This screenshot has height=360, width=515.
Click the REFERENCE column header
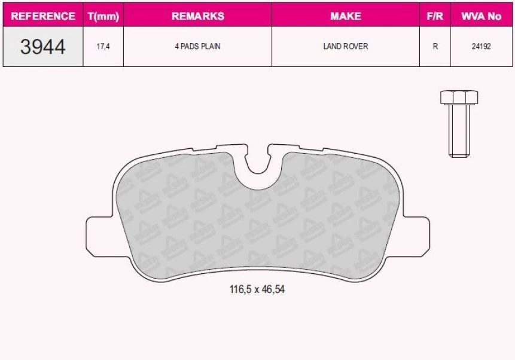[43, 16]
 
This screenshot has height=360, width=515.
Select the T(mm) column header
[103, 16]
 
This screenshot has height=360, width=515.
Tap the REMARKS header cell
[197, 16]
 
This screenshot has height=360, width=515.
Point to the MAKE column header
[345, 16]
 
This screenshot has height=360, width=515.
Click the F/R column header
[435, 16]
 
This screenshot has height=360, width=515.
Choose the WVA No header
[481, 16]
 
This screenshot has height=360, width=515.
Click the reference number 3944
[43, 47]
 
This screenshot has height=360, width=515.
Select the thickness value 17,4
[103, 47]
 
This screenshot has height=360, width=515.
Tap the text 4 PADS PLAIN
[197, 47]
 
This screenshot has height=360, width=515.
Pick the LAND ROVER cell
[345, 47]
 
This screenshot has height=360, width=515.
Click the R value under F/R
[435, 47]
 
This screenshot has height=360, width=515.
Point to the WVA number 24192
[481, 47]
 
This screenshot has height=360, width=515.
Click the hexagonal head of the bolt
[459, 97]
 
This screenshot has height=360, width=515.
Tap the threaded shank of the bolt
[459, 132]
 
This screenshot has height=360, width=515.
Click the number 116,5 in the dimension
[241, 289]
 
